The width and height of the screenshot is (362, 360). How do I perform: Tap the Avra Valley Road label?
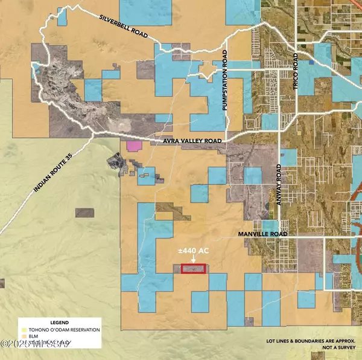pyautogui.click(x=192, y=141)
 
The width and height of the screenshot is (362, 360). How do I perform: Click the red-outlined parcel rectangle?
pyautogui.click(x=193, y=269)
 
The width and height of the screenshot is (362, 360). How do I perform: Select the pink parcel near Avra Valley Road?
pyautogui.click(x=133, y=146)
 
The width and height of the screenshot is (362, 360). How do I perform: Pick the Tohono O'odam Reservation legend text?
pyautogui.click(x=63, y=329)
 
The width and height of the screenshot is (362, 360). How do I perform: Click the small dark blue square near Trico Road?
pyautogui.click(x=311, y=63)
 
